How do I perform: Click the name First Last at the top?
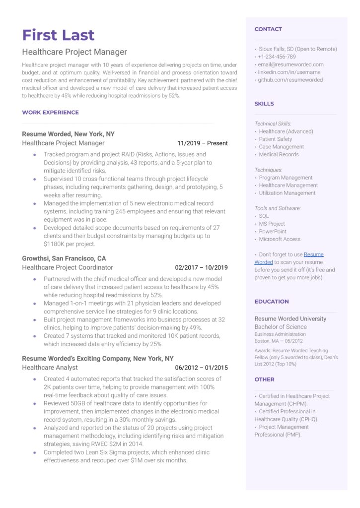[x=58, y=35]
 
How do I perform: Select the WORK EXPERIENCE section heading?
[x=50, y=113]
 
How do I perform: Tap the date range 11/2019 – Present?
[x=203, y=143]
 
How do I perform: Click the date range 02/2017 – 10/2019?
[x=201, y=268]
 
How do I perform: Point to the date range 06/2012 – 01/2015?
[x=201, y=368]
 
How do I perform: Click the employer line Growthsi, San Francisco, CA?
[x=64, y=258]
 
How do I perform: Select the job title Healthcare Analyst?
[x=50, y=368]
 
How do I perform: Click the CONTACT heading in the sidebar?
[x=268, y=29]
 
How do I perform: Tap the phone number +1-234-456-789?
[x=278, y=57]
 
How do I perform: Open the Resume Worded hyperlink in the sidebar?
[x=313, y=254]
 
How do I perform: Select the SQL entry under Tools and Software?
[x=264, y=216]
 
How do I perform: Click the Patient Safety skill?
[x=275, y=139]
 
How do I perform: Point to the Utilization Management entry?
[x=287, y=193]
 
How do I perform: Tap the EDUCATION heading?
[x=272, y=302]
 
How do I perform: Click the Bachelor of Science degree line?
[x=281, y=327]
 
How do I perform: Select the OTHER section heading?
[x=264, y=380]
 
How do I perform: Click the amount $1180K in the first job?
[x=56, y=244]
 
